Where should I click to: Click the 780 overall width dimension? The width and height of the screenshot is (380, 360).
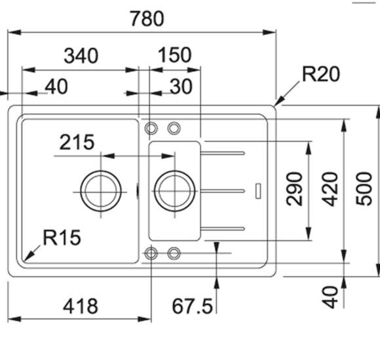pyautogui.click(x=146, y=18)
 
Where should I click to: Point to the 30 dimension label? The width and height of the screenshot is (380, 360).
pyautogui.click(x=181, y=86)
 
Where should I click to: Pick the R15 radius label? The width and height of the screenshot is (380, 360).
pyautogui.click(x=62, y=237)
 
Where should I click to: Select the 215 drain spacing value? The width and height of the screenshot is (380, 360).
pyautogui.click(x=77, y=141)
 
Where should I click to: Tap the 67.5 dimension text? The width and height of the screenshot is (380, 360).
pyautogui.click(x=193, y=306)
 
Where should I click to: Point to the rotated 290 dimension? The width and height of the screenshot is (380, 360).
pyautogui.click(x=295, y=189)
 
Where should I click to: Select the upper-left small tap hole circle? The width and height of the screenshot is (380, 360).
pyautogui.click(x=151, y=128)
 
